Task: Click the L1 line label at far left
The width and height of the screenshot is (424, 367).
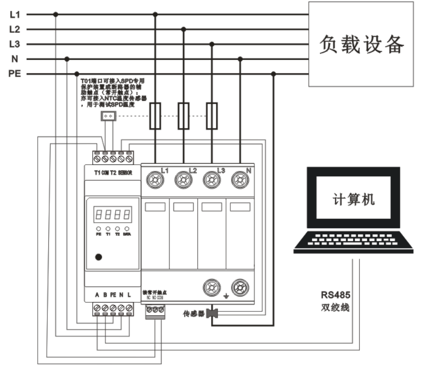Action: (14, 14)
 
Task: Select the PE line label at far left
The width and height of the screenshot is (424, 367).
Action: (14, 74)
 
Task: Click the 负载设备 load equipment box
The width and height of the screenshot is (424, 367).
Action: (362, 44)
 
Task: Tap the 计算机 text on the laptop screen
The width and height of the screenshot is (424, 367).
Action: (354, 199)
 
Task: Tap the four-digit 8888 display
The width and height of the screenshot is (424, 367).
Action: (113, 213)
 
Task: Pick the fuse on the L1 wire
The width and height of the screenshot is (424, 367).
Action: (155, 116)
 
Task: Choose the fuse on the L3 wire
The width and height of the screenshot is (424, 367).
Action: (212, 116)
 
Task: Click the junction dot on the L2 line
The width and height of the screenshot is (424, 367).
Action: (183, 29)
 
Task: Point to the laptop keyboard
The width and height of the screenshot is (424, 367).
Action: (347, 240)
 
